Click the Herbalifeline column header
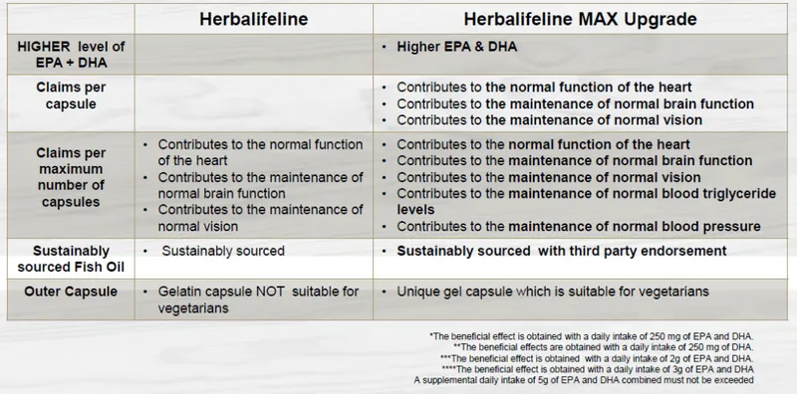(254, 20)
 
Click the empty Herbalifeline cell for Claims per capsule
(254, 102)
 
